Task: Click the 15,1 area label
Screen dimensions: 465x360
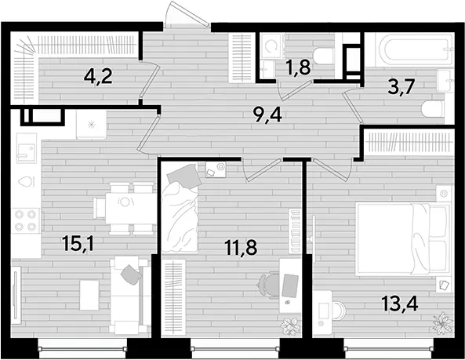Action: pos(78,244)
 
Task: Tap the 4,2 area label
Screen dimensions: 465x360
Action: pos(98,77)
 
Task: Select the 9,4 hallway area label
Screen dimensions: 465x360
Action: pos(268,115)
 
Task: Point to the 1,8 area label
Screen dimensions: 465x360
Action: pos(299,67)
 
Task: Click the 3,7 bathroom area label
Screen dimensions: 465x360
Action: pos(401,87)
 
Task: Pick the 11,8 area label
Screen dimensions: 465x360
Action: pos(241,248)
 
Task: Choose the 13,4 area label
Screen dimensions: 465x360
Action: pos(400,304)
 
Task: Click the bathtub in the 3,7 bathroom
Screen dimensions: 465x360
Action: pos(414,50)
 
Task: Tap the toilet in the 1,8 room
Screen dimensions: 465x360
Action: pos(324,56)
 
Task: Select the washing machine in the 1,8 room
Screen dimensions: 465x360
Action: pos(272,45)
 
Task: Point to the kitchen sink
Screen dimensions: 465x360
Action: pos(27,148)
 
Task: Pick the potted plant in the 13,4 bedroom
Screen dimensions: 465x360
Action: pos(443,322)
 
